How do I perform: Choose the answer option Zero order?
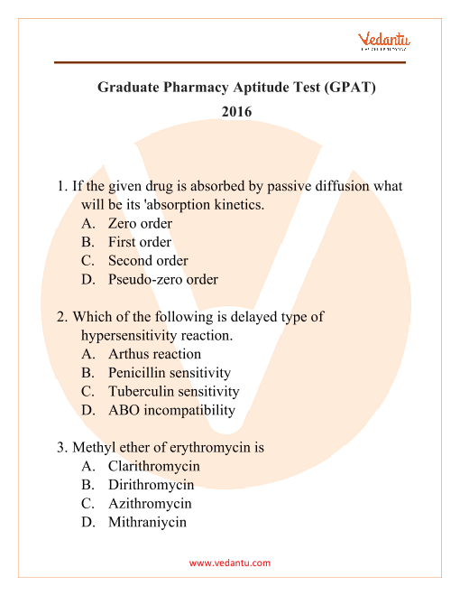click(140, 223)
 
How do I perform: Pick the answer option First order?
click(139, 242)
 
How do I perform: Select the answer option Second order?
click(148, 261)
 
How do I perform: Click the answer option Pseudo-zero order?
click(162, 279)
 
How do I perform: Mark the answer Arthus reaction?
click(154, 354)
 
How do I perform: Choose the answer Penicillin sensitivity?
click(170, 372)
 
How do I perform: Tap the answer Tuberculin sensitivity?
click(173, 391)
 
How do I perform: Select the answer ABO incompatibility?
click(171, 410)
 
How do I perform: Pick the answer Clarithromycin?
click(153, 466)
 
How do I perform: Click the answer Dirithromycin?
click(151, 485)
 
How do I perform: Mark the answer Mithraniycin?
click(147, 522)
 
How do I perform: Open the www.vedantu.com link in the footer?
click(230, 563)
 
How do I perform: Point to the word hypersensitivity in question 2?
click(142, 335)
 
